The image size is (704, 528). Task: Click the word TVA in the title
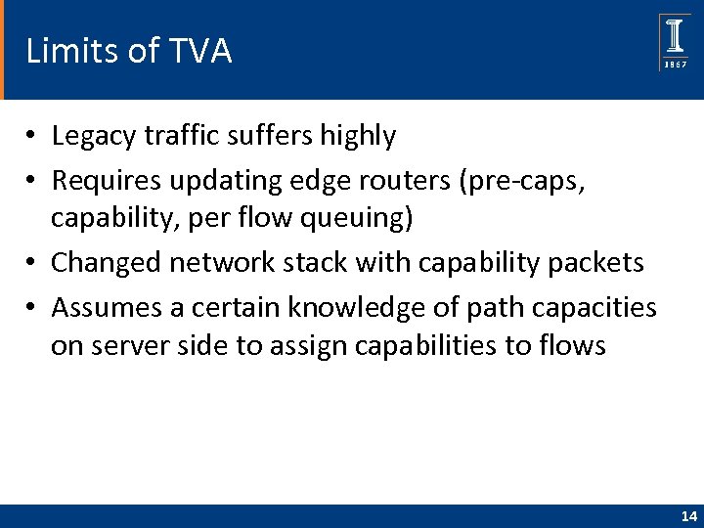pos(199,51)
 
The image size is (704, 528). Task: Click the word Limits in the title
pos(66,51)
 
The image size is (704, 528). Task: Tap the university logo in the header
pos(675,42)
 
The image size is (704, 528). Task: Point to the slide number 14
pos(689,516)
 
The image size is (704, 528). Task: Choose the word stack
pos(330,262)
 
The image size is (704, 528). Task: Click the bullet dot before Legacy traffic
pos(33,137)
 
